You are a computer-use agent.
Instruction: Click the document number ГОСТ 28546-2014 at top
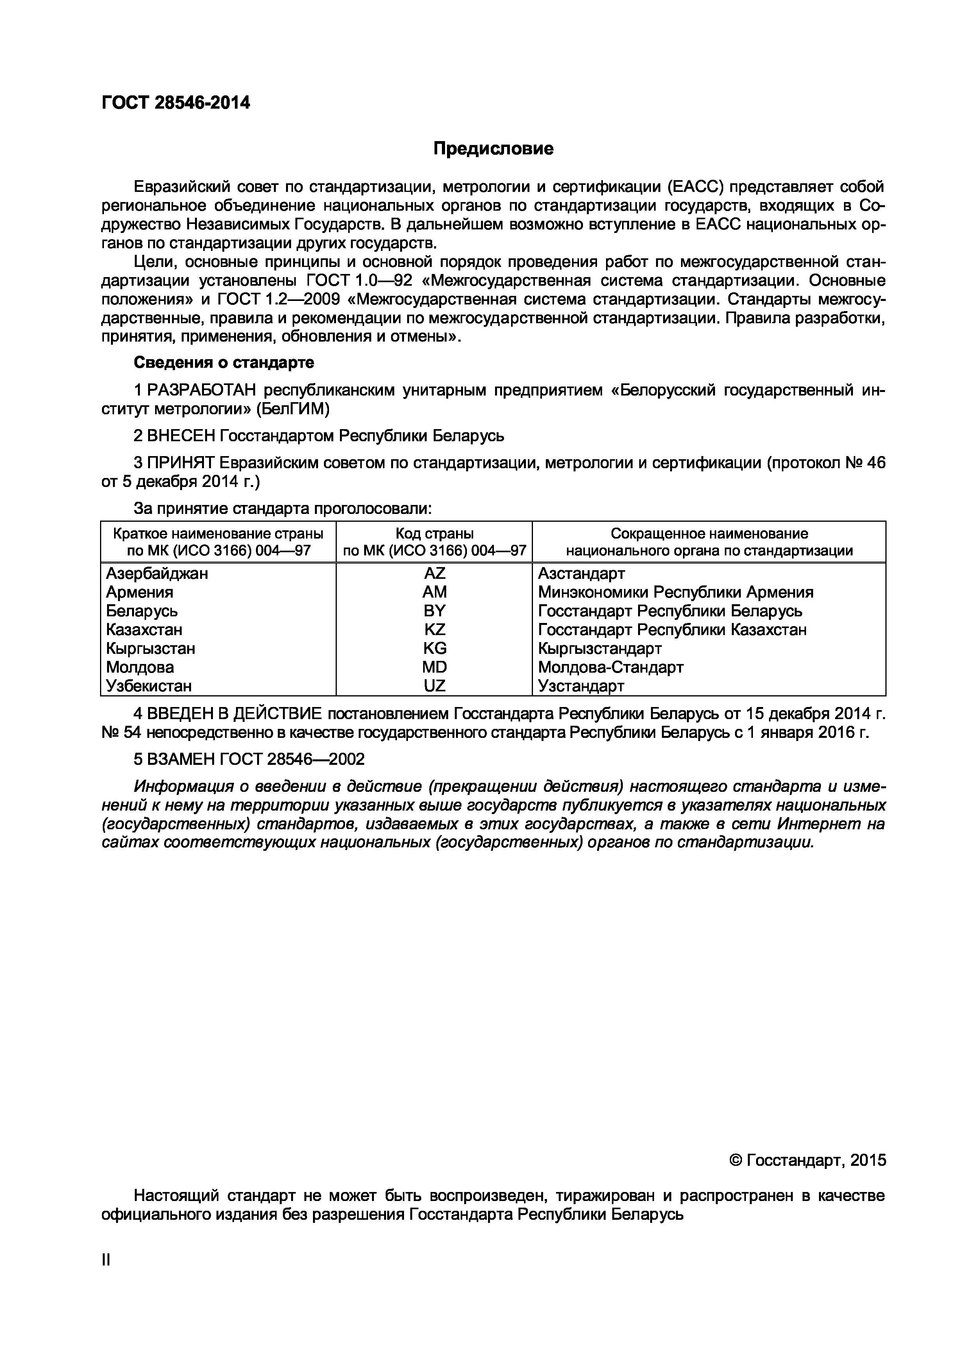[x=175, y=103]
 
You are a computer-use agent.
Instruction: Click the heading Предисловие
[x=493, y=149]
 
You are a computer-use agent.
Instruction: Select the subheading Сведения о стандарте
[x=224, y=362]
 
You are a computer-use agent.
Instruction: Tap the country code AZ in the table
[x=434, y=573]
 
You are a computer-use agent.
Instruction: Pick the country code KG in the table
[x=434, y=648]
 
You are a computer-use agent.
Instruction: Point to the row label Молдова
[x=140, y=667]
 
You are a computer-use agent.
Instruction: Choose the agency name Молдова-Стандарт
[x=610, y=667]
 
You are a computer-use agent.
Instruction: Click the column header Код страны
[x=434, y=533]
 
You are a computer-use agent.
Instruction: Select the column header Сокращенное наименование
[x=709, y=533]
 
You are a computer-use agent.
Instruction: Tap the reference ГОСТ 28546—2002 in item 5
[x=292, y=759]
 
